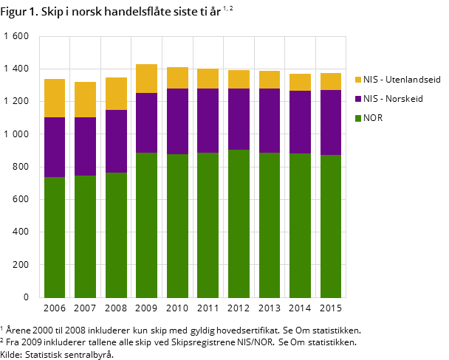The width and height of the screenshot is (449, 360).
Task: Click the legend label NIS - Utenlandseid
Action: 402,80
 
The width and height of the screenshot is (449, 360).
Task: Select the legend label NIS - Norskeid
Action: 393,99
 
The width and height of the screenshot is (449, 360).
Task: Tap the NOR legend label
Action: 373,118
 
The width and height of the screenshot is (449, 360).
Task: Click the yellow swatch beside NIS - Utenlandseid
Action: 358,80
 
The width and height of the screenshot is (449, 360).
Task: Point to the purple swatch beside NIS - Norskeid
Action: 358,99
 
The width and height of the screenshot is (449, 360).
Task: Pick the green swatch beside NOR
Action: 358,118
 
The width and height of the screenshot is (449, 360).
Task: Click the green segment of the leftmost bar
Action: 55,237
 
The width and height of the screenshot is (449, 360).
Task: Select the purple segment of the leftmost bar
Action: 55,147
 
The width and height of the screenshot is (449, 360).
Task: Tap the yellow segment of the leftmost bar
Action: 55,98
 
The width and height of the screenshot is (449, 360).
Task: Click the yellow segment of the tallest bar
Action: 146,78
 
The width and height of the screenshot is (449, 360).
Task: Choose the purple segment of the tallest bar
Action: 146,122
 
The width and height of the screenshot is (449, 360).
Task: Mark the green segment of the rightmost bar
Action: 331,226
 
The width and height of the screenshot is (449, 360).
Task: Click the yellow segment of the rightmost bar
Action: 331,81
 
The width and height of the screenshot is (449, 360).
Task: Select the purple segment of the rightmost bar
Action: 331,122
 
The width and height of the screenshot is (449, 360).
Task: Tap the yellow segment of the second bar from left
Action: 85,100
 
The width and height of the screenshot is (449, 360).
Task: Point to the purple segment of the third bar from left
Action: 116,141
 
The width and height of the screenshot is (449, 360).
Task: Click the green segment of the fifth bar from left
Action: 177,226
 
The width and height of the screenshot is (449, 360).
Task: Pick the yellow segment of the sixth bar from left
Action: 208,78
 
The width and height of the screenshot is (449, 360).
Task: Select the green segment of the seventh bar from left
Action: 239,224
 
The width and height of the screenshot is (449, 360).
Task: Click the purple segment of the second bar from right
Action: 300,122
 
